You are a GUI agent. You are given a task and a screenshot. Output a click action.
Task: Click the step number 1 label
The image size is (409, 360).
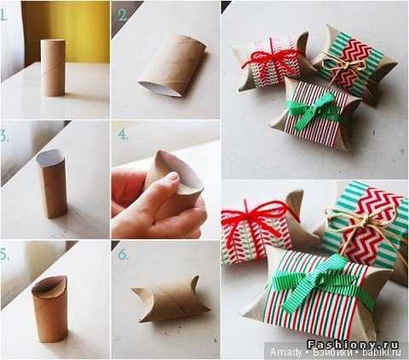pyautogui.click(x=3, y=15)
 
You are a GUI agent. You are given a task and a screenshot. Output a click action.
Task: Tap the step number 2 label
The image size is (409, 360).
pyautogui.click(x=122, y=15)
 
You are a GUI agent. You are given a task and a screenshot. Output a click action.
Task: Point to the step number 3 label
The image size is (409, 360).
pyautogui.click(x=4, y=136)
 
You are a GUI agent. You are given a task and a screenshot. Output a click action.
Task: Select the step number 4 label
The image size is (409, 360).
pyautogui.click(x=123, y=134)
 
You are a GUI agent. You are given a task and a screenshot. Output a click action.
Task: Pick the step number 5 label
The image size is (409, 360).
pyautogui.click(x=4, y=254)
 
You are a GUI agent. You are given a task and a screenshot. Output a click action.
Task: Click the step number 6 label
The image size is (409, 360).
pyautogui.click(x=124, y=254)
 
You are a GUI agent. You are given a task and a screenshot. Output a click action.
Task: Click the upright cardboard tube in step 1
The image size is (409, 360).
pyautogui.click(x=53, y=68)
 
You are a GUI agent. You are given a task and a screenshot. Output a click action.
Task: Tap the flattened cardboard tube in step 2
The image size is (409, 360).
pyautogui.click(x=173, y=66)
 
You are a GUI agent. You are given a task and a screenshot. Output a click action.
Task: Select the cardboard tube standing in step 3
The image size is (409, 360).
pyautogui.click(x=52, y=184)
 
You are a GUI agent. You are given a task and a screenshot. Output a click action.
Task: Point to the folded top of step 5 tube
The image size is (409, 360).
pyautogui.click(x=49, y=287)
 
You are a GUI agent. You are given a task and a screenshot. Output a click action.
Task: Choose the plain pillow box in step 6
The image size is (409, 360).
pyautogui.click(x=170, y=300)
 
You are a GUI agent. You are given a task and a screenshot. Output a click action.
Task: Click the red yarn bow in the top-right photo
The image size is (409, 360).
pyautogui.click(x=271, y=58)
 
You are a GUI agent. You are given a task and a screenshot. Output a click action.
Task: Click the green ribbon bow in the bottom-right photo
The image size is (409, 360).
pyautogui.click(x=318, y=279)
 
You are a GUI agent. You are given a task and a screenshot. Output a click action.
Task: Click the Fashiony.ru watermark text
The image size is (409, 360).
pyautogui.click(x=353, y=345)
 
